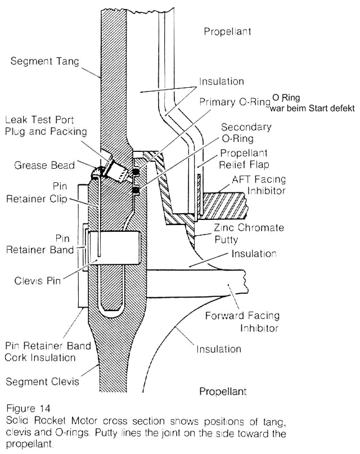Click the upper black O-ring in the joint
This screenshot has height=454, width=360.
coord(136,170)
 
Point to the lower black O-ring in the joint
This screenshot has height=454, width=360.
coord(136,191)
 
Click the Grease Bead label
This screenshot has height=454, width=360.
coord(44,166)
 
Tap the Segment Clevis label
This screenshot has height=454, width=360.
coord(43,382)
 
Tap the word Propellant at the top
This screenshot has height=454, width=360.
coord(227,32)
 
